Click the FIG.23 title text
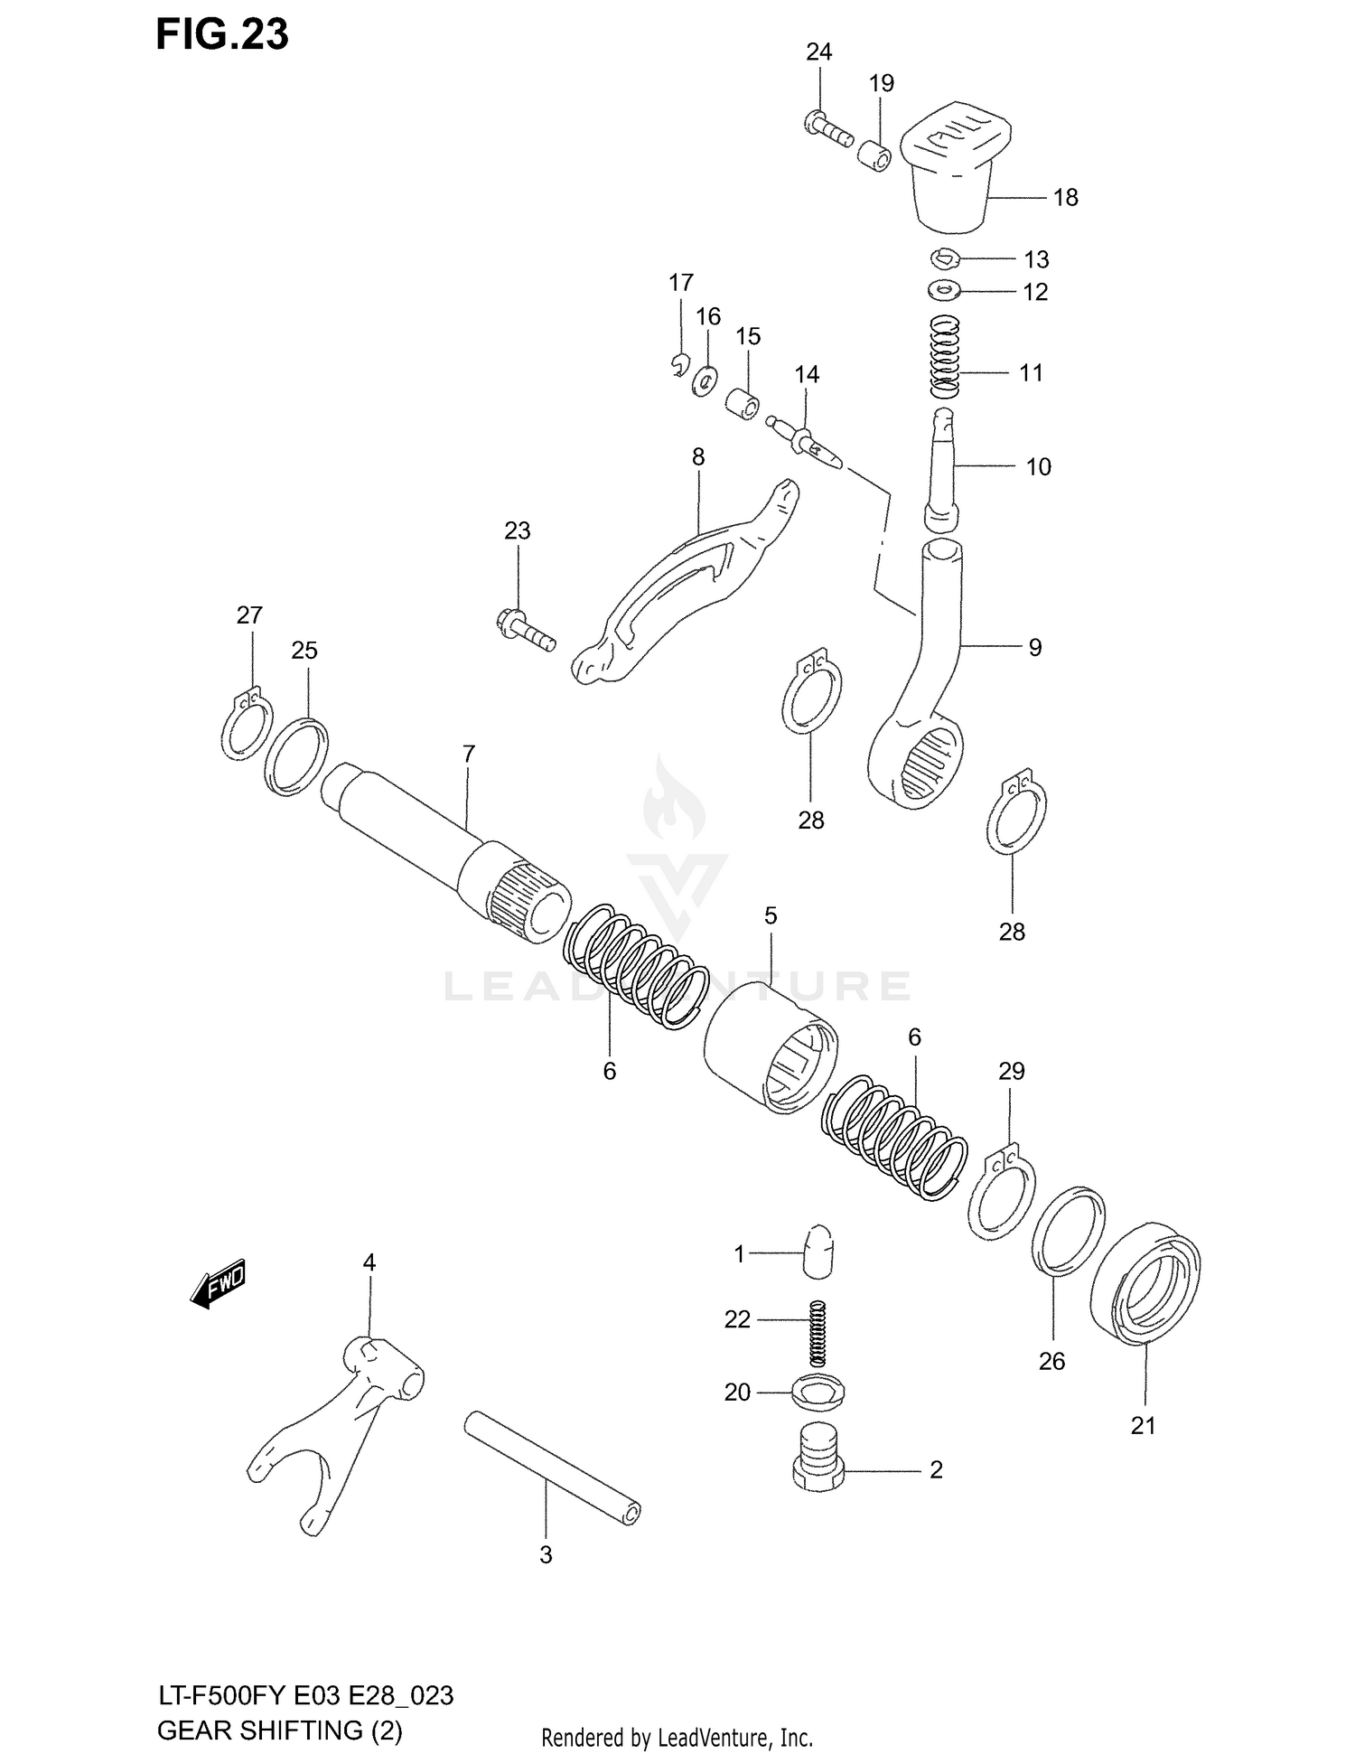tap(222, 34)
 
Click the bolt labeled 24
tap(827, 128)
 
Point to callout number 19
tap(881, 83)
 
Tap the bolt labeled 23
tap(526, 630)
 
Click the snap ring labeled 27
tap(246, 727)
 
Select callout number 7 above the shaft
tap(468, 754)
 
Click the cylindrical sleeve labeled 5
tap(770, 1044)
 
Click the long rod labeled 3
tap(553, 1466)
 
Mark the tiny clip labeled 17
tap(680, 364)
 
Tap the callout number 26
tap(1051, 1361)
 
